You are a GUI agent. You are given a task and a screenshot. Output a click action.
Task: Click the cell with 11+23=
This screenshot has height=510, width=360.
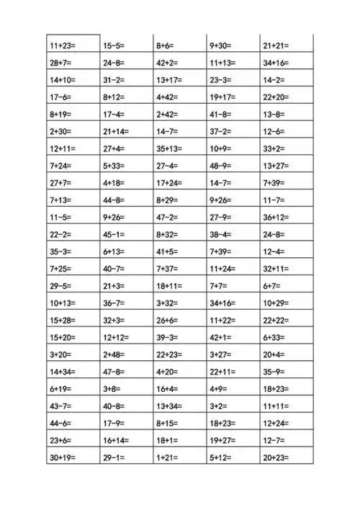click(x=63, y=45)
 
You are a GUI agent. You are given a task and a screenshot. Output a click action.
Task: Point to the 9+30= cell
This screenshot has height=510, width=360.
click(x=221, y=45)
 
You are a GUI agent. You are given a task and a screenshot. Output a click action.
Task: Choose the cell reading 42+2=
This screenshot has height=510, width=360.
click(x=167, y=63)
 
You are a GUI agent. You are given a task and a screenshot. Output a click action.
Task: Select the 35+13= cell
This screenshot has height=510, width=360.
click(x=170, y=149)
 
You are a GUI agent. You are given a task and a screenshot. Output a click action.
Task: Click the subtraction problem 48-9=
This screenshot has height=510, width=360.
click(x=220, y=166)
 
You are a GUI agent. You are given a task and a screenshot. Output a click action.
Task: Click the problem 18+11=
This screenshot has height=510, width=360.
click(x=170, y=287)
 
